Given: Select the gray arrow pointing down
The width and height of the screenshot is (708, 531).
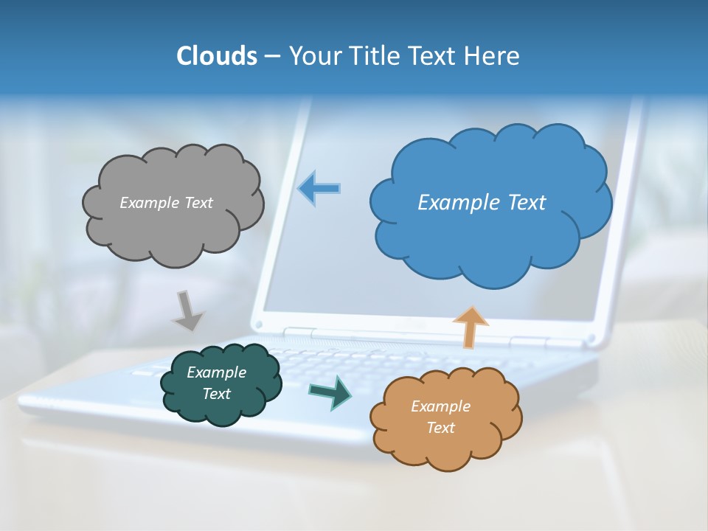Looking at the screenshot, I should (187, 310).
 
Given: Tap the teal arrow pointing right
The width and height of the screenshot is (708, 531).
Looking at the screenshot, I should (330, 392).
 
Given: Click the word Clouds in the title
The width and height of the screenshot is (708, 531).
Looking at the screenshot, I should (217, 56).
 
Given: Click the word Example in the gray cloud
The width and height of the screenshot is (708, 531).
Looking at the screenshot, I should (150, 202).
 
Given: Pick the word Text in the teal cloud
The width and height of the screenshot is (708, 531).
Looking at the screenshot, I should (217, 394).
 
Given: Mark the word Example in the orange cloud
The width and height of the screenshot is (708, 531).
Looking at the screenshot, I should (440, 406).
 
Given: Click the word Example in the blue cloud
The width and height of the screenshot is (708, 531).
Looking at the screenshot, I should (459, 202).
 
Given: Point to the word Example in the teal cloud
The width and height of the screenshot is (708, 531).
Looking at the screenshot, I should (217, 372).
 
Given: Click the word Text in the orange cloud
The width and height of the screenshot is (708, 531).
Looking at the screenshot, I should (440, 428).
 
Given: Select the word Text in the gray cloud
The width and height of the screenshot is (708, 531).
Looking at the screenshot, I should (197, 202).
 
